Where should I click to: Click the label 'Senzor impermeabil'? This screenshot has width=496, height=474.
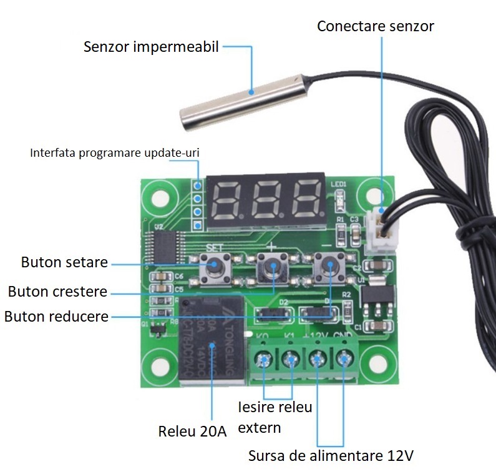pyautogui.click(x=151, y=47)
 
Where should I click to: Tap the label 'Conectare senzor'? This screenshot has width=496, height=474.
pyautogui.click(x=375, y=26)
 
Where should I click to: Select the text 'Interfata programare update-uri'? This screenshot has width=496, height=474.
pyautogui.click(x=115, y=152)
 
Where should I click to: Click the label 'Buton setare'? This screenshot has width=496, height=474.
pyautogui.click(x=64, y=262)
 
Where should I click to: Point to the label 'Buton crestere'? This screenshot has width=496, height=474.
pyautogui.click(x=57, y=292)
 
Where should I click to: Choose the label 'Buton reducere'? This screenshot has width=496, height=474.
pyautogui.click(x=56, y=316)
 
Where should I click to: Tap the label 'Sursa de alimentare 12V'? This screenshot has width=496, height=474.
pyautogui.click(x=331, y=455)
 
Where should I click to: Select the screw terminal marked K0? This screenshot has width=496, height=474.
pyautogui.click(x=263, y=360)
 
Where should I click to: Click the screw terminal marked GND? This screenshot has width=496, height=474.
pyautogui.click(x=343, y=360)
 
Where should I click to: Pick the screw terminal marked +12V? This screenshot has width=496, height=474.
pyautogui.click(x=316, y=360)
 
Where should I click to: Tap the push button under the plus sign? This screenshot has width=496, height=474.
pyautogui.click(x=272, y=267)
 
